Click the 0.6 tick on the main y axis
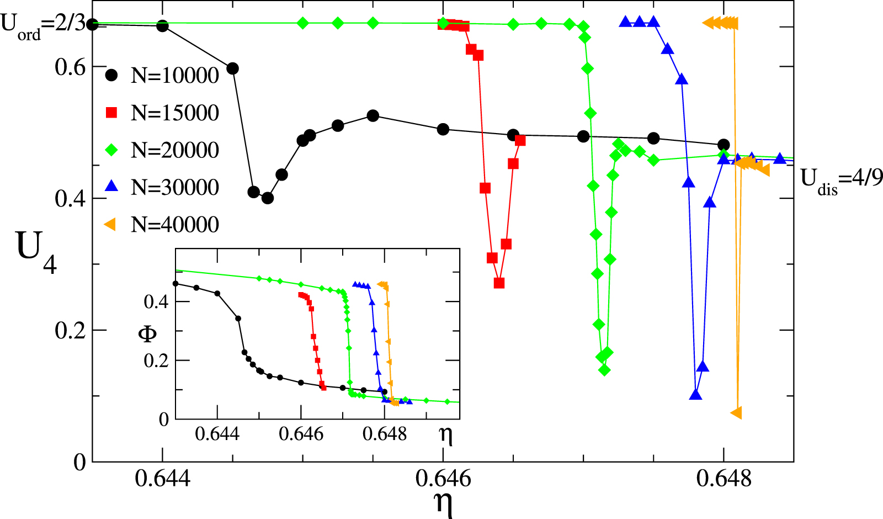point(70,67)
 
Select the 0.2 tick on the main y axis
point(70,331)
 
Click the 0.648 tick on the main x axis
point(724,478)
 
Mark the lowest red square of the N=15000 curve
point(499,283)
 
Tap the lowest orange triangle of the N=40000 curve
point(736,412)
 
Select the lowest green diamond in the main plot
point(604,370)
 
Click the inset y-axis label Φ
point(147,333)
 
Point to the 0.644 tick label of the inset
point(217,434)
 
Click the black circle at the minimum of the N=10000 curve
point(268,198)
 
